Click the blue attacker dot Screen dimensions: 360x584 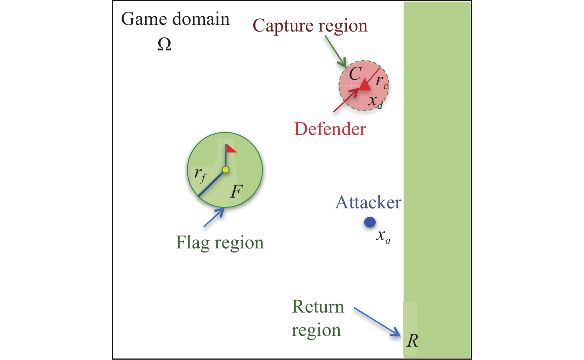(x=370, y=222)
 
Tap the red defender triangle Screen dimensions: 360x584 (x=365, y=85)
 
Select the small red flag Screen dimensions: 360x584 (x=231, y=149)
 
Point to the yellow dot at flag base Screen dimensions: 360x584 (x=225, y=170)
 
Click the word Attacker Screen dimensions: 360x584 (x=368, y=203)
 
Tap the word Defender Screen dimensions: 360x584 (x=330, y=129)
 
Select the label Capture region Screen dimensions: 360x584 (x=310, y=26)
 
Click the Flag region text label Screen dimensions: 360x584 (x=220, y=243)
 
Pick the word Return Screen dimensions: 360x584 (x=318, y=307)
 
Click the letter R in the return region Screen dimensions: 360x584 (x=412, y=341)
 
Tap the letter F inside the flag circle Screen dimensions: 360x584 (x=236, y=191)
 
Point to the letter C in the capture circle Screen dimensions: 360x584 (x=355, y=73)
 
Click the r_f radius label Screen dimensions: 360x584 (x=200, y=174)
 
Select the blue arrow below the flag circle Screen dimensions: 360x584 (x=214, y=217)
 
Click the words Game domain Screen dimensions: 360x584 (x=175, y=19)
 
